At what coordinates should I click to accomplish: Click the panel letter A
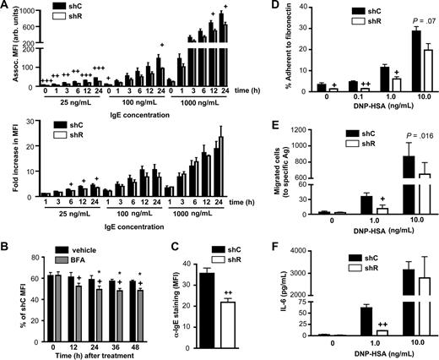[7, 7]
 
